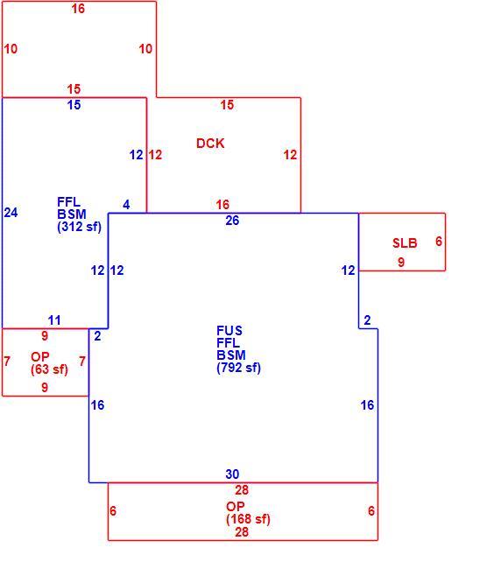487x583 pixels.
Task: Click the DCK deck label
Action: point(210,144)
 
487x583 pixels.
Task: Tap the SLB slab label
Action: point(405,242)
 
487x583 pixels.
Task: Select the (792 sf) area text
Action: point(238,368)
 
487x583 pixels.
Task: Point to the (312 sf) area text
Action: point(79,227)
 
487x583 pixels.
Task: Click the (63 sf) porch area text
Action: point(49,369)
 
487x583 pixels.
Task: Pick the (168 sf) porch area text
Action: point(248,519)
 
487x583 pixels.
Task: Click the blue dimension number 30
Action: point(232,474)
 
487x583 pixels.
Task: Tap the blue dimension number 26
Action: point(232,220)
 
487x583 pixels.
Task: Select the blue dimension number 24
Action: point(11,213)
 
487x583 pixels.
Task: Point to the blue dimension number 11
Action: point(54,320)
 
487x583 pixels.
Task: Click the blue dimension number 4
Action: point(126,204)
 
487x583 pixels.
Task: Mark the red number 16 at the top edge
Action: point(78,8)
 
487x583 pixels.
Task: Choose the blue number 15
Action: point(74,104)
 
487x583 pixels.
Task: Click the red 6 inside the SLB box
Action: point(439,241)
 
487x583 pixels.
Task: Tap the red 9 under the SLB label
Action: point(401,262)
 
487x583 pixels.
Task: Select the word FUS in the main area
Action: point(229,331)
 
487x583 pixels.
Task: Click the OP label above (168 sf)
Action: point(235,507)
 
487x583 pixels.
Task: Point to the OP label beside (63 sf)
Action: point(39,357)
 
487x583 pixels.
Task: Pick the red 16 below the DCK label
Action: point(222,204)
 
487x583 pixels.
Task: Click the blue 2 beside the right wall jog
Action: point(367,320)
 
